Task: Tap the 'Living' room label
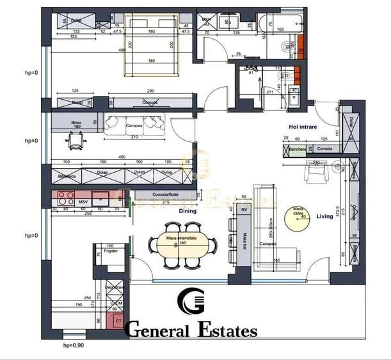point(324,216)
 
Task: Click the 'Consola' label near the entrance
point(324,149)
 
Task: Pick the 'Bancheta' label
point(296,149)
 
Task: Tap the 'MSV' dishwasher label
point(83,201)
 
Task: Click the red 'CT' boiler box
point(118,320)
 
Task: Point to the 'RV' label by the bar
point(244,210)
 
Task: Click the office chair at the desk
point(76,142)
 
